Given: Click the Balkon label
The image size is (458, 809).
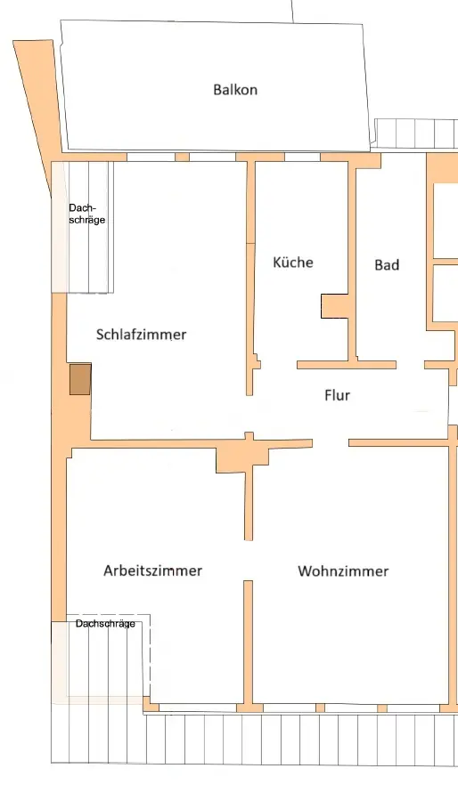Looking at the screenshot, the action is (x=235, y=89).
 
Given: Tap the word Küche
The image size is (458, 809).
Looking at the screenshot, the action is (x=293, y=262).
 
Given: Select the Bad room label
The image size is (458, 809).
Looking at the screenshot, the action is (x=387, y=264).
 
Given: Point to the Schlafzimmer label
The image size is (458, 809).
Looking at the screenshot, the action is (x=141, y=335).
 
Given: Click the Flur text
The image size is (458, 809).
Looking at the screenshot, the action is (x=337, y=395).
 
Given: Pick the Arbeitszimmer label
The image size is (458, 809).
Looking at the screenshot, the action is (x=153, y=570).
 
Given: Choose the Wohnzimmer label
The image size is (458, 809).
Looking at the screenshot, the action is (x=343, y=571).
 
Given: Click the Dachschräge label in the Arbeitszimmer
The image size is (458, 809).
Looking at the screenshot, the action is (x=105, y=623).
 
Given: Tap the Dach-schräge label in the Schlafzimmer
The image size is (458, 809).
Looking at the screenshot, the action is (x=86, y=214).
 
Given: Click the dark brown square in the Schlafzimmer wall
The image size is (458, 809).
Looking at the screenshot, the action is (x=80, y=379).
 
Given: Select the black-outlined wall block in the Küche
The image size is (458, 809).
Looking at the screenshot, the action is (x=335, y=306).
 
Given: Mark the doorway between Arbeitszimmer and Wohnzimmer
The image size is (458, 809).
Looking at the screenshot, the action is (x=248, y=561).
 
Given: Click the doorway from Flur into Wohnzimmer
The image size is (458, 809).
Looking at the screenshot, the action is (x=331, y=442).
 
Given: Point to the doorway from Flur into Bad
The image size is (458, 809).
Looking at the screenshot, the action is (x=411, y=365).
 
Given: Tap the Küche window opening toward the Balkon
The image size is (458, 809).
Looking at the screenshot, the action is (x=302, y=157).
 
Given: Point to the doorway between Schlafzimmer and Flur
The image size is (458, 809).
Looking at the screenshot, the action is (x=249, y=414).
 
